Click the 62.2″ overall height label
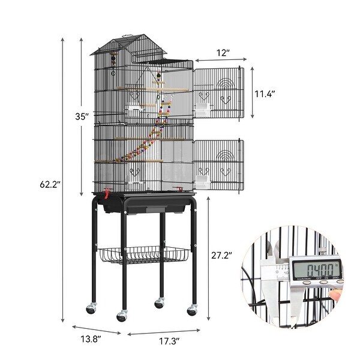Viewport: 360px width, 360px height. [x=50, y=184]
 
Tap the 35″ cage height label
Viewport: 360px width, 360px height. [x=82, y=116]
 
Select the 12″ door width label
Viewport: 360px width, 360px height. [x=223, y=53]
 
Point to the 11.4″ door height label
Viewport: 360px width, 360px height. [x=265, y=94]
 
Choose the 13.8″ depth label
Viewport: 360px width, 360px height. [x=91, y=339]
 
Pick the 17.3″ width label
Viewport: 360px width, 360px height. [x=169, y=341]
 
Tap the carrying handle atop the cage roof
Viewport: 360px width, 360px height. [x=128, y=36]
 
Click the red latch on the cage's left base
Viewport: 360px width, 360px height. [x=107, y=193]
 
